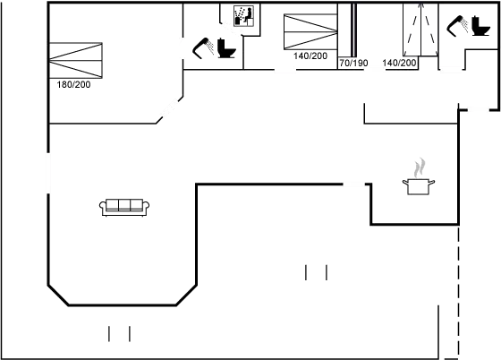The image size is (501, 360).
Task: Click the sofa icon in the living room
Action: click(124, 207)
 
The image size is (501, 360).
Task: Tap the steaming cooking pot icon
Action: click(417, 178)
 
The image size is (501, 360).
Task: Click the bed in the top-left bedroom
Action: click(78, 60)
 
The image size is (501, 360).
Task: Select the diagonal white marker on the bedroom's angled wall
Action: click(168, 111)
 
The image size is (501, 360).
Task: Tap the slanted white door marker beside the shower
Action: click(232, 28)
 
